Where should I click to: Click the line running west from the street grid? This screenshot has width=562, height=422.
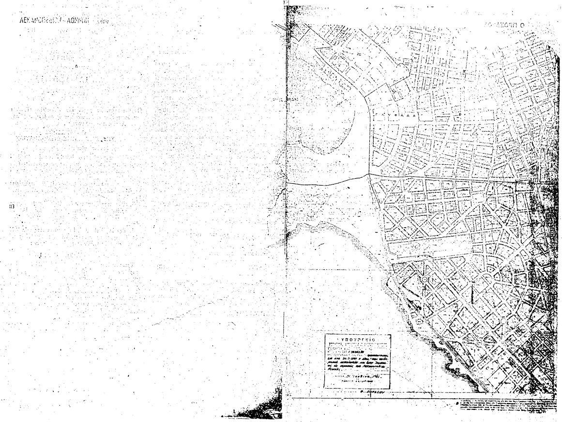(x=329, y=182)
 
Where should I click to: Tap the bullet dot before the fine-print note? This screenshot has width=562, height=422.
(x=457, y=403)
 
